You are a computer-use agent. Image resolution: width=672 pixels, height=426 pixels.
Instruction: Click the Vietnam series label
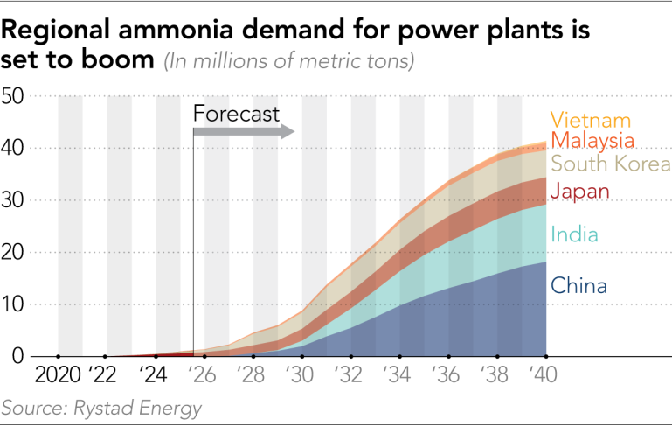click(x=590, y=121)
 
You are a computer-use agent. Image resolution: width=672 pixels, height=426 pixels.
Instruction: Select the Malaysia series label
click(x=592, y=141)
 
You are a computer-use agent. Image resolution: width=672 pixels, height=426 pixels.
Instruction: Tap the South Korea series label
click(x=610, y=164)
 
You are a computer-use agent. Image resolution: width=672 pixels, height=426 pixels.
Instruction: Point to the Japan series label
click(x=579, y=192)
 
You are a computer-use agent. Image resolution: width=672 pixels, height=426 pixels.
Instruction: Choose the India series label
click(x=574, y=234)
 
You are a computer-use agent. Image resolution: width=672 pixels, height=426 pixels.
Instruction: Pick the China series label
click(x=578, y=285)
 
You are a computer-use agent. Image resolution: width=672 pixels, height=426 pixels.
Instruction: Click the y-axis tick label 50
click(x=16, y=96)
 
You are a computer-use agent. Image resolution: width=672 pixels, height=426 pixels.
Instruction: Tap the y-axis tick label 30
click(x=16, y=200)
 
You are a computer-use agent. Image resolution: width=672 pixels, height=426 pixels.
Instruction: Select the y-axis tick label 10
click(x=16, y=304)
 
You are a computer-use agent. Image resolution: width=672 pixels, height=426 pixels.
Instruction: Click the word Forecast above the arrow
click(x=236, y=114)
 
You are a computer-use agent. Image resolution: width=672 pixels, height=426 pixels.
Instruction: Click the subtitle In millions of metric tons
click(x=289, y=62)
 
